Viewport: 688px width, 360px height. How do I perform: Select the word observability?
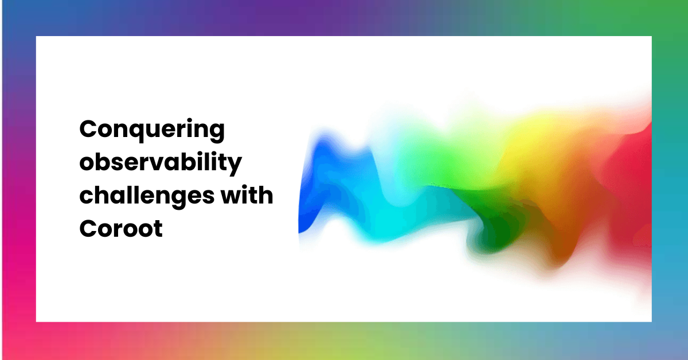160,164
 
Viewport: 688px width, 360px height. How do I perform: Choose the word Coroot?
121,228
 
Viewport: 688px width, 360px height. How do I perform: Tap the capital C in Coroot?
87,228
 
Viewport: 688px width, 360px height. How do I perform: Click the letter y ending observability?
235,166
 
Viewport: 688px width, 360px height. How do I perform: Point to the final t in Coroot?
158,228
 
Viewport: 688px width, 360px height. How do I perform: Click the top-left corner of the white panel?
36,37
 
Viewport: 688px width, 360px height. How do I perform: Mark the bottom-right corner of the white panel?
651,322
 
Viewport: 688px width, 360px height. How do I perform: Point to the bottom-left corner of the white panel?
36,322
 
